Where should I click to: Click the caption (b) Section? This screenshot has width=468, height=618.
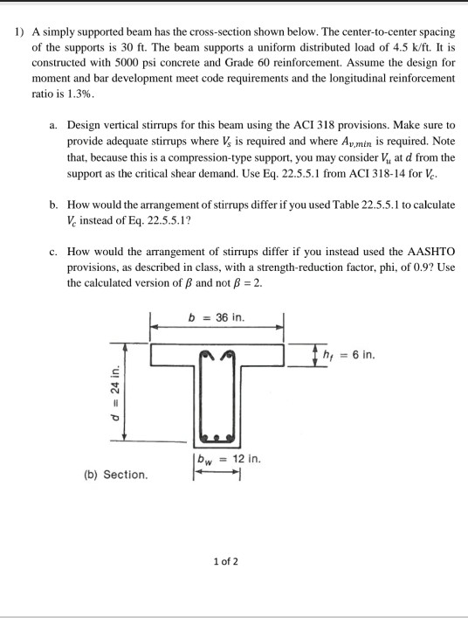click(115, 475)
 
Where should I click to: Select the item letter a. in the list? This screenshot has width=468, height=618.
click(55, 126)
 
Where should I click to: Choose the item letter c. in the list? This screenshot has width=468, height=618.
click(55, 250)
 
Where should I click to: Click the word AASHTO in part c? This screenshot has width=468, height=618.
click(428, 250)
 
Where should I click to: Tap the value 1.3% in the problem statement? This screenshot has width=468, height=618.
click(78, 93)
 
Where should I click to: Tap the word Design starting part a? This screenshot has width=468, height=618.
click(83, 126)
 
